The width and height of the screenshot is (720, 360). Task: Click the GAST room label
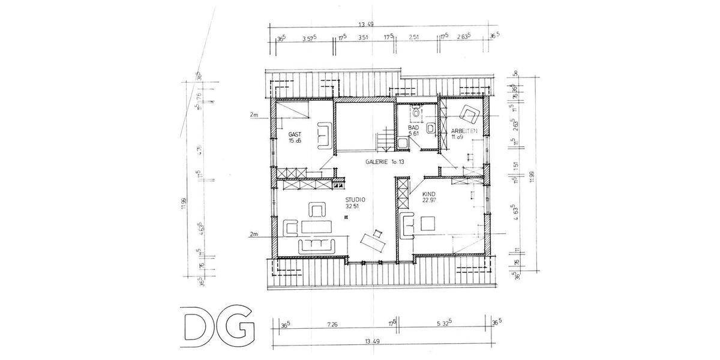294,134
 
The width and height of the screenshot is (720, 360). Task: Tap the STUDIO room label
355,200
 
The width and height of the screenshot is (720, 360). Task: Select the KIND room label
428,195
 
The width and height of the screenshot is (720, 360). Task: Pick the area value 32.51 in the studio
353,206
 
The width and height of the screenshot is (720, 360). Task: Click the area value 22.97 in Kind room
429,202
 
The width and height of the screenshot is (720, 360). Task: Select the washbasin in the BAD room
430,128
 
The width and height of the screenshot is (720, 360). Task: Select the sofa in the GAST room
325,134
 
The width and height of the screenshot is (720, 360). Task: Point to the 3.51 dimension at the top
362,37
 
